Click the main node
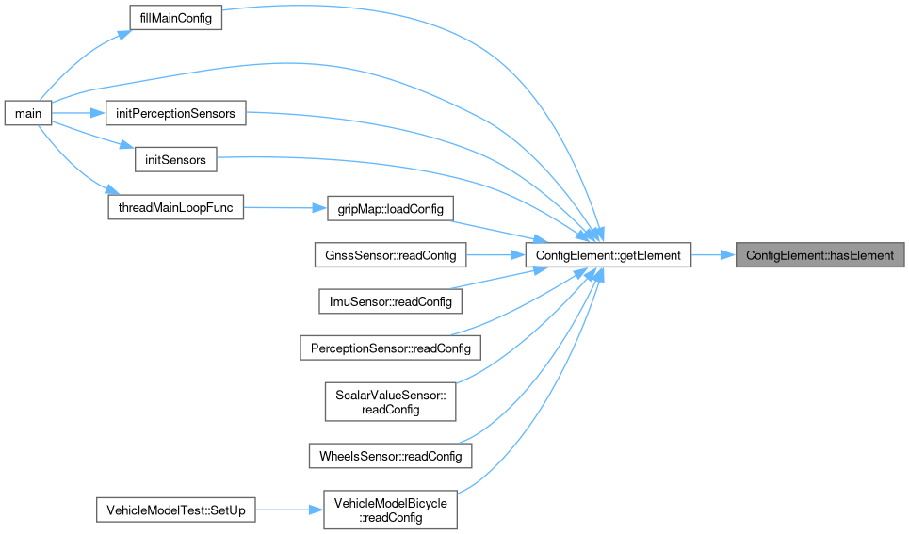coord(27,113)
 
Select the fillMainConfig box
coord(174,19)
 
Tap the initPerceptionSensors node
coord(175,113)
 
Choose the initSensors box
coord(176,160)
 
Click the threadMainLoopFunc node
coord(175,207)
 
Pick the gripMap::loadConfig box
coord(389,207)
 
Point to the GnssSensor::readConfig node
coord(390,254)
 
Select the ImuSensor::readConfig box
coord(390,301)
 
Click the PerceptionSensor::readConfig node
coord(390,348)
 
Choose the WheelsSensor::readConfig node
coord(390,456)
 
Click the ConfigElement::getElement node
coord(609,254)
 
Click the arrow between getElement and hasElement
coord(714,254)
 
